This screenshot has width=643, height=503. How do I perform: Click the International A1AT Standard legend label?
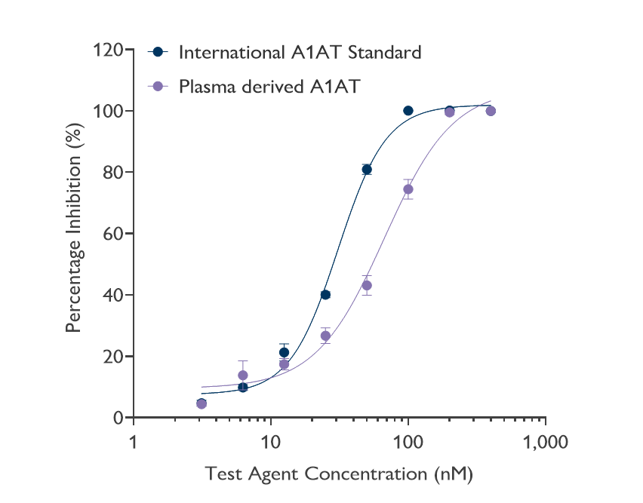[x=300, y=53]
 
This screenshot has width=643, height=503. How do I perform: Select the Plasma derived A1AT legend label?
[x=269, y=86]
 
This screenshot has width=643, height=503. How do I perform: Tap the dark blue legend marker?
[x=158, y=53]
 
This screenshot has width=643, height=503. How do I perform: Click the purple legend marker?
[x=158, y=86]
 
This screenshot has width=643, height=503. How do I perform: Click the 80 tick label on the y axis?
[x=113, y=173]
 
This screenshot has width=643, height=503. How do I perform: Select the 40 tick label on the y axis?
[x=113, y=295]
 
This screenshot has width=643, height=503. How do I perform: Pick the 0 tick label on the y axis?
[x=118, y=418]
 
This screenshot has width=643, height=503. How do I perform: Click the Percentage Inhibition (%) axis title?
[x=73, y=234]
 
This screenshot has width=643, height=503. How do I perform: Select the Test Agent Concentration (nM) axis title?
[x=339, y=474]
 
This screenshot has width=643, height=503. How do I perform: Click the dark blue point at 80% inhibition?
[x=367, y=170]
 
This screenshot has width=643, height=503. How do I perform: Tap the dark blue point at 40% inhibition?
[x=325, y=295]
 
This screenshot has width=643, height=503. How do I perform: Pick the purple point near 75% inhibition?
[x=408, y=189]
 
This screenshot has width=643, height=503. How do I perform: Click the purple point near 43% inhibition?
[x=367, y=285]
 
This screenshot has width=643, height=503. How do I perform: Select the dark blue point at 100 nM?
[x=408, y=111]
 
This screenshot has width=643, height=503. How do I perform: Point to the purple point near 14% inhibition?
[x=243, y=375]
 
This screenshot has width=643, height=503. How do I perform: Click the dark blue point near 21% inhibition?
[x=284, y=352]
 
